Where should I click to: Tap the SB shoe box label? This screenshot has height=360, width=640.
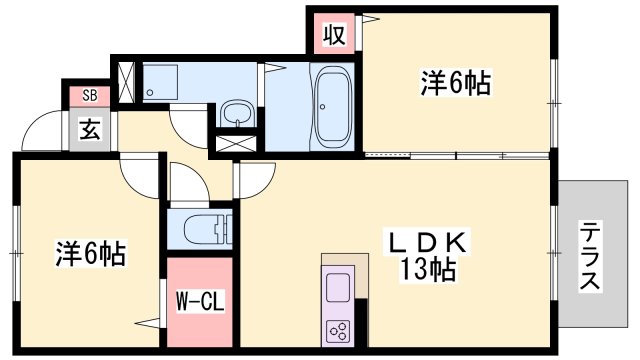pyautogui.click(x=89, y=96)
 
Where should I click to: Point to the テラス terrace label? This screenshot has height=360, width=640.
pyautogui.click(x=590, y=256)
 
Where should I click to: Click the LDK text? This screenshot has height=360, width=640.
pyautogui.click(x=430, y=243)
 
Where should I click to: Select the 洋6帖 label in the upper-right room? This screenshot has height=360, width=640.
pyautogui.click(x=454, y=84)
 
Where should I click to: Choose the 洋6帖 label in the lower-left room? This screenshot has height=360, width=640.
pyautogui.click(x=90, y=254)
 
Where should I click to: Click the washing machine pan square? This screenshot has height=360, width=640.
pyautogui.click(x=160, y=84)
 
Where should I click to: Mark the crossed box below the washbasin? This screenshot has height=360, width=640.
pyautogui.click(x=235, y=142)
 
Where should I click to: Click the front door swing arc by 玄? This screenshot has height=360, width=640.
pyautogui.click(x=42, y=131)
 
